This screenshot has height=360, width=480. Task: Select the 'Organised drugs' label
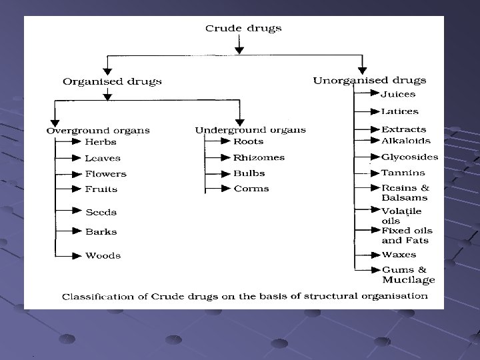112,81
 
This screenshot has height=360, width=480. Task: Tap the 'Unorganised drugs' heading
369,81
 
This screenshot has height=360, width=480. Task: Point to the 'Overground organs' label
98,130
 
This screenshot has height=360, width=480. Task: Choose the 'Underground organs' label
251,129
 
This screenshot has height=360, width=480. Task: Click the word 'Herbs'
101,142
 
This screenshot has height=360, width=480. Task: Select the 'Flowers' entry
105,174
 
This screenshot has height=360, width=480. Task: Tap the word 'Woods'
103,255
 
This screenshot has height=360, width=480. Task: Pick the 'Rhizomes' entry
259,158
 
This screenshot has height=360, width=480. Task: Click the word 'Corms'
251,189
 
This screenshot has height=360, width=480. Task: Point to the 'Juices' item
398,95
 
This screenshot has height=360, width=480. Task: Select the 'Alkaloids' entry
406,141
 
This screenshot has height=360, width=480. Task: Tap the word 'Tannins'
403,173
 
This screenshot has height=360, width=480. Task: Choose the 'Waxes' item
399,255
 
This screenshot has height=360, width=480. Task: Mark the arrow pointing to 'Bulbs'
217,173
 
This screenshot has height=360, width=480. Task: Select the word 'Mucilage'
408,280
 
